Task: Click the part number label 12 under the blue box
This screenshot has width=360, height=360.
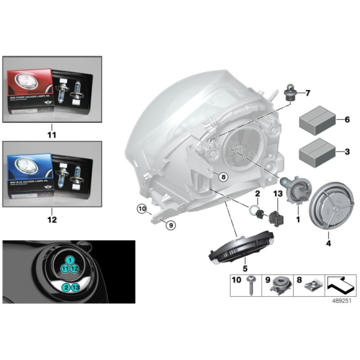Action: tap(52, 219)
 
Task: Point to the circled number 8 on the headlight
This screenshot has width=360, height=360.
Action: tap(223, 177)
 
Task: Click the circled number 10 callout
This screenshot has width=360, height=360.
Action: tap(142, 210)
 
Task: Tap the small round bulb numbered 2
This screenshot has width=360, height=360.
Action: tap(254, 212)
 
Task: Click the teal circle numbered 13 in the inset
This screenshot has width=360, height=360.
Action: tap(75, 287)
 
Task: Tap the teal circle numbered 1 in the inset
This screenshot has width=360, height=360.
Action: tap(70, 259)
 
